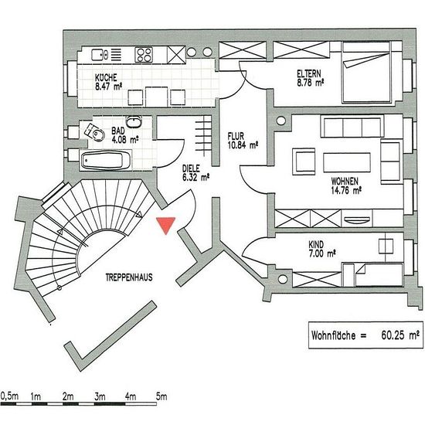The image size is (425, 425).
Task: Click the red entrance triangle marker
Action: (166, 225)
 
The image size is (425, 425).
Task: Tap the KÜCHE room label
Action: (106, 78)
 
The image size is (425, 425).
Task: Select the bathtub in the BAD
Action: (106, 160)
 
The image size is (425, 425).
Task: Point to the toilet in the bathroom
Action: (95, 132)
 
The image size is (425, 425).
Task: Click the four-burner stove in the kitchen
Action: (144, 55)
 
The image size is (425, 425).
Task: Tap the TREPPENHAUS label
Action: (129, 277)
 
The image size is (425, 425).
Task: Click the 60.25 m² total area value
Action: (400, 335)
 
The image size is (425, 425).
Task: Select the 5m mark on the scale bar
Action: (161, 397)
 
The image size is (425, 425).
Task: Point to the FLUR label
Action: (236, 136)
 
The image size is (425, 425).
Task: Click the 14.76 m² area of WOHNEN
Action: (346, 190)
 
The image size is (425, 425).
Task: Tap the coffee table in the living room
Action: (347, 162)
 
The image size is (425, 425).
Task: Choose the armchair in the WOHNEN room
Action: (304, 161)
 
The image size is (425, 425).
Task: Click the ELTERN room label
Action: (309, 73)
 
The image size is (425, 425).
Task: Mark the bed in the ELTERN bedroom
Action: (367, 72)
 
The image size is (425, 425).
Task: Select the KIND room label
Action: (316, 245)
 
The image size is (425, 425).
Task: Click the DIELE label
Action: (191, 168)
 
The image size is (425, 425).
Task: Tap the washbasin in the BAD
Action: (134, 121)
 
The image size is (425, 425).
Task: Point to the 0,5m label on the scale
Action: (10, 396)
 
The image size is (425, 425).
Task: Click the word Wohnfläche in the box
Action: (333, 335)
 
